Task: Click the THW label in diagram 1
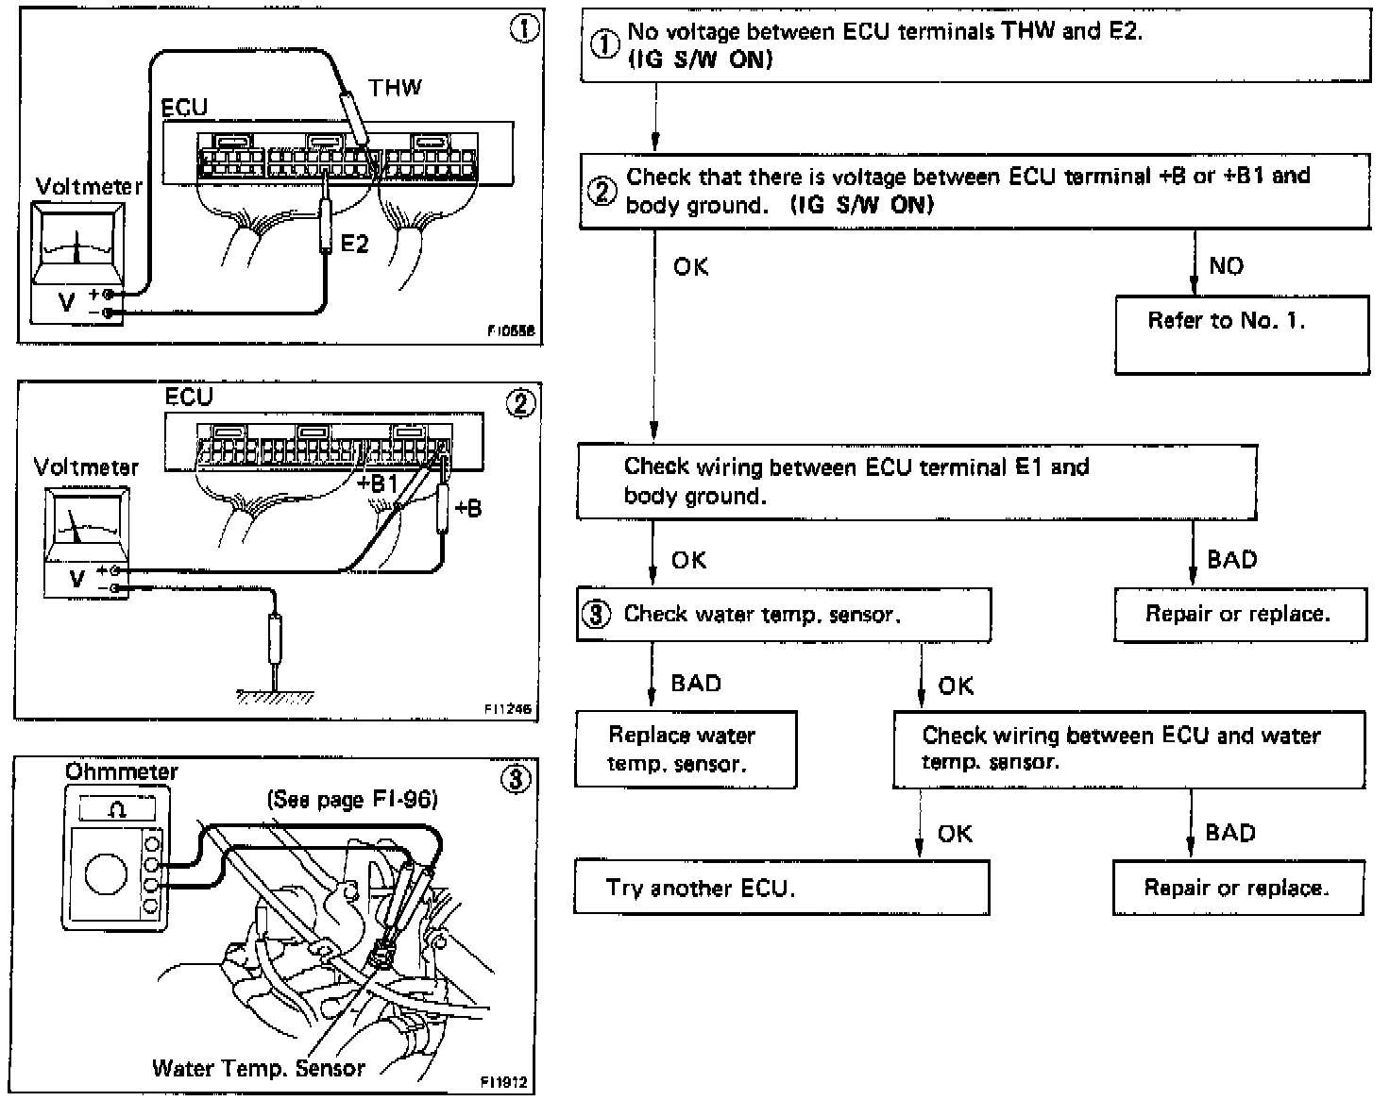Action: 395,88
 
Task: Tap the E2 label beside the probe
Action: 354,244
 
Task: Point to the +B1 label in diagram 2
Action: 379,483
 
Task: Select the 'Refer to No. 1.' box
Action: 1241,334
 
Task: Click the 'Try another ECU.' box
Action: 781,888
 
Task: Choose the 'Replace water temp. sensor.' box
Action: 686,750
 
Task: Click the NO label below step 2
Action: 1226,266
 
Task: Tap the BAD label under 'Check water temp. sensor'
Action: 696,683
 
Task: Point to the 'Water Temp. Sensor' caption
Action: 258,1068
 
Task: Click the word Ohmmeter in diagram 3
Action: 121,771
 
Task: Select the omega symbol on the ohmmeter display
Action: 117,810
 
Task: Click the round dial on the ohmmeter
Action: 106,873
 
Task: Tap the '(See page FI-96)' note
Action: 352,800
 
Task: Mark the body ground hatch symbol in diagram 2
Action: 275,697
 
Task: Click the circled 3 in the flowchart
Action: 596,615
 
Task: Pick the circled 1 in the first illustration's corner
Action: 524,29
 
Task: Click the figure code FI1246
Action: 506,708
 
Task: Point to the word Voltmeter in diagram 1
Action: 89,186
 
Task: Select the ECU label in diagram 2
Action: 189,397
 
